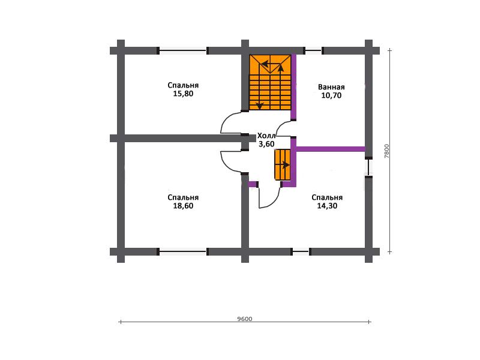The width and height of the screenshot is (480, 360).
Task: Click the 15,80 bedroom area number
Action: (183, 94)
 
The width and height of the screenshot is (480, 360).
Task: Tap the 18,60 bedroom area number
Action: (183, 206)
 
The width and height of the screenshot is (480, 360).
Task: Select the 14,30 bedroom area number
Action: (327, 206)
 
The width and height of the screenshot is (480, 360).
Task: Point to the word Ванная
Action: (331, 87)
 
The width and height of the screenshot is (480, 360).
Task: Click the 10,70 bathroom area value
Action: (331, 95)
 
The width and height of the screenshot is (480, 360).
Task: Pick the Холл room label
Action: (266, 136)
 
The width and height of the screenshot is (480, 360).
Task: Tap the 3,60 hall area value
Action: (266, 144)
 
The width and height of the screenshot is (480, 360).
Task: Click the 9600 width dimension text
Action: (245, 319)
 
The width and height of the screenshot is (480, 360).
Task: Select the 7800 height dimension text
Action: (386, 151)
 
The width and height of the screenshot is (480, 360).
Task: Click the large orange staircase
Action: (269, 82)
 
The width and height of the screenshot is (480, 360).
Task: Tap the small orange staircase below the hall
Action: (282, 164)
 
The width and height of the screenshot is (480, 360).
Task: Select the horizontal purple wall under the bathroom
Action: (331, 149)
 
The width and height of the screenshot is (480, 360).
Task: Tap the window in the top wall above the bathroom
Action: (313, 50)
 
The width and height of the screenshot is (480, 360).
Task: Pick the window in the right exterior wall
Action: (368, 167)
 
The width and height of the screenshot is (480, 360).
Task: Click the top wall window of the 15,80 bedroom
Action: (183, 50)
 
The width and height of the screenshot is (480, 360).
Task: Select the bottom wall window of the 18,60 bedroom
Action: (183, 252)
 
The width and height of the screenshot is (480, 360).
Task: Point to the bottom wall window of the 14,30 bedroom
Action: (301, 252)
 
